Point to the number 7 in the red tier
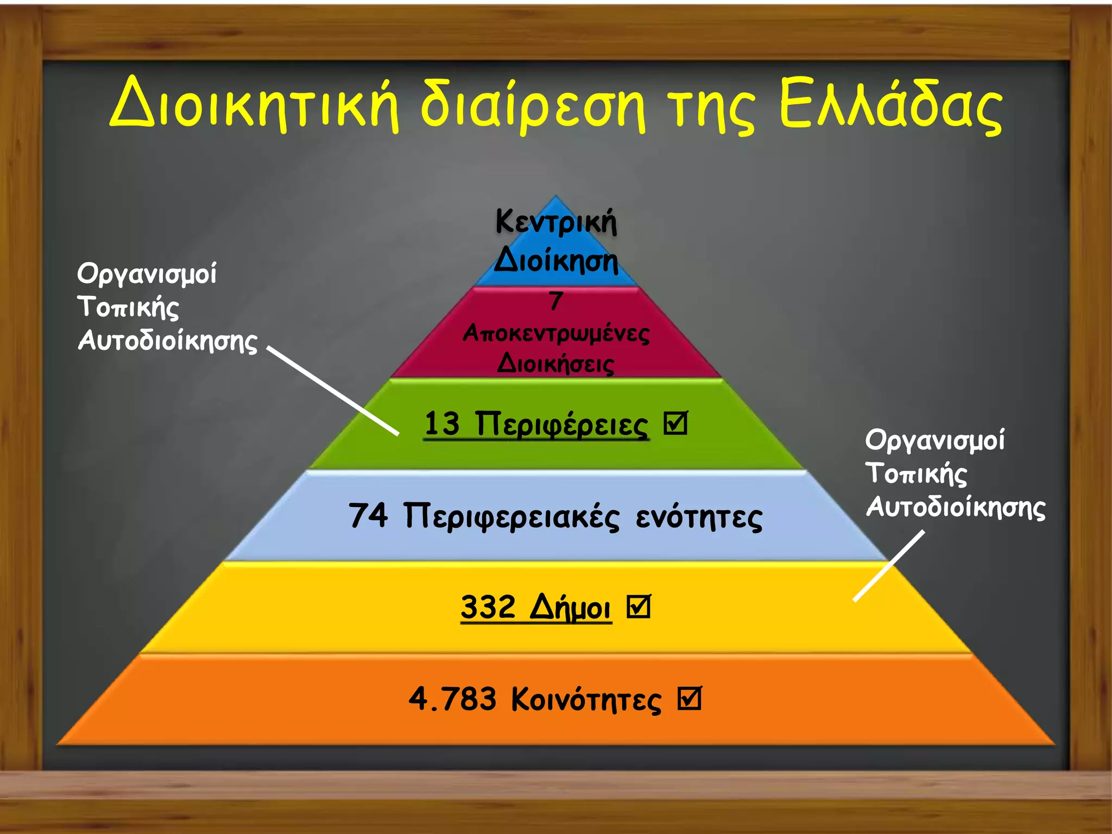(x=555, y=300)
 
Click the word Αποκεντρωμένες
(x=556, y=333)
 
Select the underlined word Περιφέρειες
(x=561, y=425)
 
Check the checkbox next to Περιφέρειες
(x=675, y=423)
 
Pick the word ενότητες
(x=699, y=517)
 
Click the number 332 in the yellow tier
(x=488, y=606)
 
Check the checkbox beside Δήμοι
(x=638, y=606)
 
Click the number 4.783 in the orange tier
(x=452, y=698)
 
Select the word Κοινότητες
(x=586, y=699)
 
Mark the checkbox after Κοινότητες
(x=689, y=698)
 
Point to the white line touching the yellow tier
(x=888, y=566)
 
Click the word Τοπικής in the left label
(x=128, y=307)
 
